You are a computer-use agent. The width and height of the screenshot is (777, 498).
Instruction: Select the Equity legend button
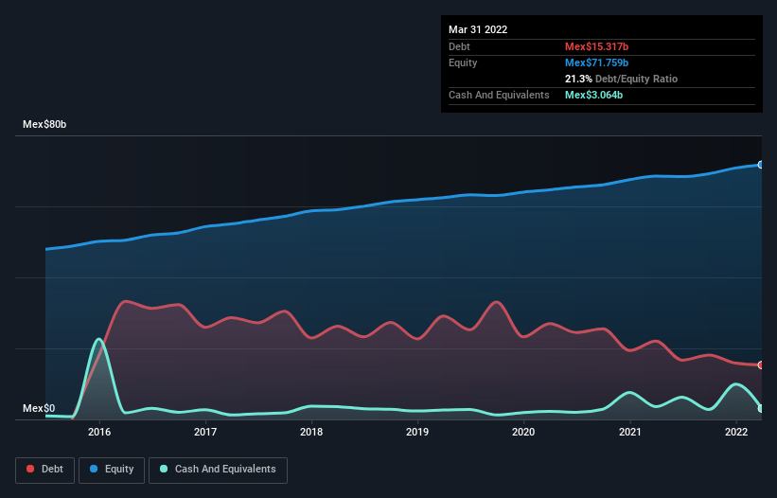(112, 469)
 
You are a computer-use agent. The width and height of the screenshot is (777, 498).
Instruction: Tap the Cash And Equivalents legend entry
(218, 469)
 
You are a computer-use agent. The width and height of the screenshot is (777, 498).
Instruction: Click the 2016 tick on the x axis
(99, 432)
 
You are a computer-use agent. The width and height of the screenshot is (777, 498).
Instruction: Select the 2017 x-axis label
(205, 432)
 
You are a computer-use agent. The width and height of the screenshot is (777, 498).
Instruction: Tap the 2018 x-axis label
(311, 432)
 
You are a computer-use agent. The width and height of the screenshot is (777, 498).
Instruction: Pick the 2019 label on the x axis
(417, 432)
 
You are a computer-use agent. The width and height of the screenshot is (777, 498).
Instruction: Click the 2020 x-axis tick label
(523, 432)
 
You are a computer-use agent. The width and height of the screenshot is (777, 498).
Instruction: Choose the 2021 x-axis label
(629, 432)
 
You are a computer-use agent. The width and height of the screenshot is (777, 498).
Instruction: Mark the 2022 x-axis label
(735, 432)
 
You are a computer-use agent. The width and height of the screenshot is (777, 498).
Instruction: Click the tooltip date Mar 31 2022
(478, 29)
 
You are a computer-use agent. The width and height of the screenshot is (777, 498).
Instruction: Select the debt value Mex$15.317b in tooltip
(596, 46)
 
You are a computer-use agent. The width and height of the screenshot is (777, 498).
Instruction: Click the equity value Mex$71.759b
(596, 62)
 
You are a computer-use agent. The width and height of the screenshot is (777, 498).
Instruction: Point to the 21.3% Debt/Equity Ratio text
(621, 79)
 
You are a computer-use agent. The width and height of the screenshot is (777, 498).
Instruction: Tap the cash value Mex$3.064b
(593, 95)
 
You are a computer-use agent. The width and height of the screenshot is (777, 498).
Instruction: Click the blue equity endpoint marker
(761, 165)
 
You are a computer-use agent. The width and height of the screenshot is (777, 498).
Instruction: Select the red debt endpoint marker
(761, 365)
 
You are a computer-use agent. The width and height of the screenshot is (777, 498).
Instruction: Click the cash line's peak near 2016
(98, 339)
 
